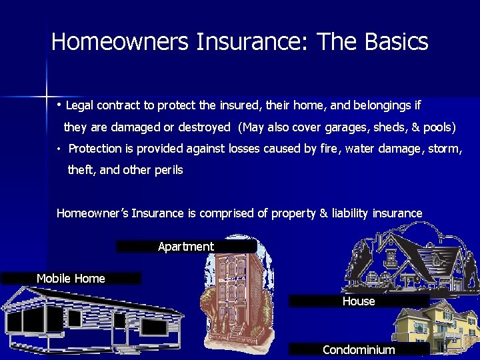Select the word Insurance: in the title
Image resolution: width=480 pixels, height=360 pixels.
(x=253, y=42)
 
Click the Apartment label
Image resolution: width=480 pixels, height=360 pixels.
(x=186, y=247)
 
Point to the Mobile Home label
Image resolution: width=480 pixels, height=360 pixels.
(x=71, y=279)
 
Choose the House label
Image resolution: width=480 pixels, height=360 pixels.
(x=359, y=301)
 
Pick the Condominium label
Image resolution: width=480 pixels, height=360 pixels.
(x=359, y=350)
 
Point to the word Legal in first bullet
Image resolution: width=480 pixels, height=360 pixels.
(x=81, y=105)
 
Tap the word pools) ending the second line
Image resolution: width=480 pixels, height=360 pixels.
(x=438, y=127)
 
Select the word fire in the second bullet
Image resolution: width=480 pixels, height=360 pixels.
(x=329, y=149)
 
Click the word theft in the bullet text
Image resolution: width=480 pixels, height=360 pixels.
(x=82, y=170)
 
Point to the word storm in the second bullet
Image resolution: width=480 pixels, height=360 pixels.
(x=445, y=149)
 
